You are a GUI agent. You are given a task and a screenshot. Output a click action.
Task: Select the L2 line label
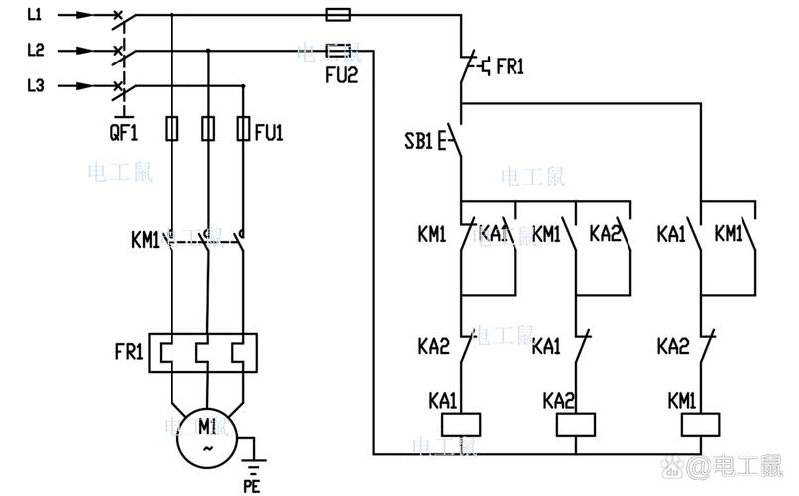(x=36, y=50)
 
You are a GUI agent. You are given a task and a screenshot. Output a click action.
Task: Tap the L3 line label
(x=36, y=86)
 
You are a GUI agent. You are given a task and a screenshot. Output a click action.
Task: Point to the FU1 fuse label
(x=269, y=130)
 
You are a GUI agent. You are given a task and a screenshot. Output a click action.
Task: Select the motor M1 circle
(x=208, y=437)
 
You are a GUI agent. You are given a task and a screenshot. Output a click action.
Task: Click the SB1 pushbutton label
(x=418, y=142)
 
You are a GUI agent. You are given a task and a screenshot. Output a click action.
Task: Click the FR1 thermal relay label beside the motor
(x=129, y=352)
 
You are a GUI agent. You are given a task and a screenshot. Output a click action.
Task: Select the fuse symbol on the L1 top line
(x=338, y=15)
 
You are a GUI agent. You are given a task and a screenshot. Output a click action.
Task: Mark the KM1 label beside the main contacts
(x=145, y=239)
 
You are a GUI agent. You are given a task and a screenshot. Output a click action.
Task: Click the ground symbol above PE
(x=252, y=458)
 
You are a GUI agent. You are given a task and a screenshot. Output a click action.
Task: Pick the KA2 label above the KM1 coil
(x=671, y=347)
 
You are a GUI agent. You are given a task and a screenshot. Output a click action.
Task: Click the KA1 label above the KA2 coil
(x=546, y=347)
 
